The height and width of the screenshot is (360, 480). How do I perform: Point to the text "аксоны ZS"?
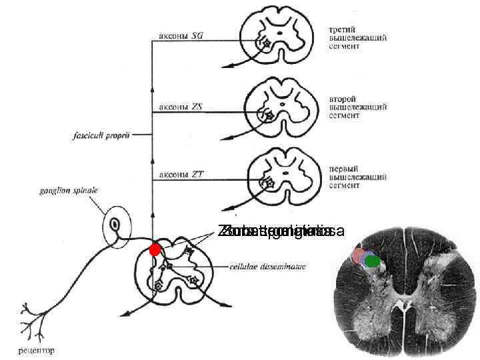pyautogui.click(x=181, y=105)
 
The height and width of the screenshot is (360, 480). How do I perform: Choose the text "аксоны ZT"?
pyautogui.click(x=181, y=175)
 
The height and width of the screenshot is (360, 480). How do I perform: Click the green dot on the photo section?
pyautogui.click(x=373, y=261)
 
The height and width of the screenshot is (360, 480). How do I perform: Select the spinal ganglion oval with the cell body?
pyautogui.click(x=117, y=229)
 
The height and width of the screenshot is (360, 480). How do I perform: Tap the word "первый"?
pyautogui.click(x=345, y=168)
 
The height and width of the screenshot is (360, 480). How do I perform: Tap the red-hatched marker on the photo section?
pyautogui.click(x=362, y=255)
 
